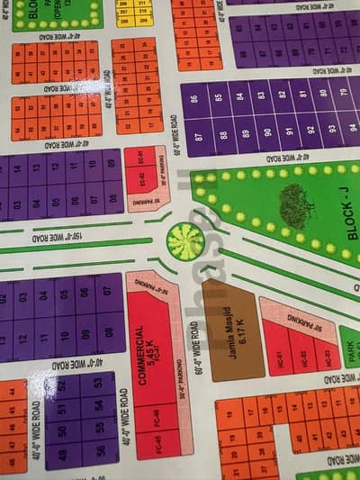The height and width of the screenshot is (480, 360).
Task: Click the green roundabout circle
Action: click(185, 241)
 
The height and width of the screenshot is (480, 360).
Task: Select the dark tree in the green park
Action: click(296, 205)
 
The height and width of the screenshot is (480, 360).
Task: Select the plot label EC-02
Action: click(140, 158)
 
